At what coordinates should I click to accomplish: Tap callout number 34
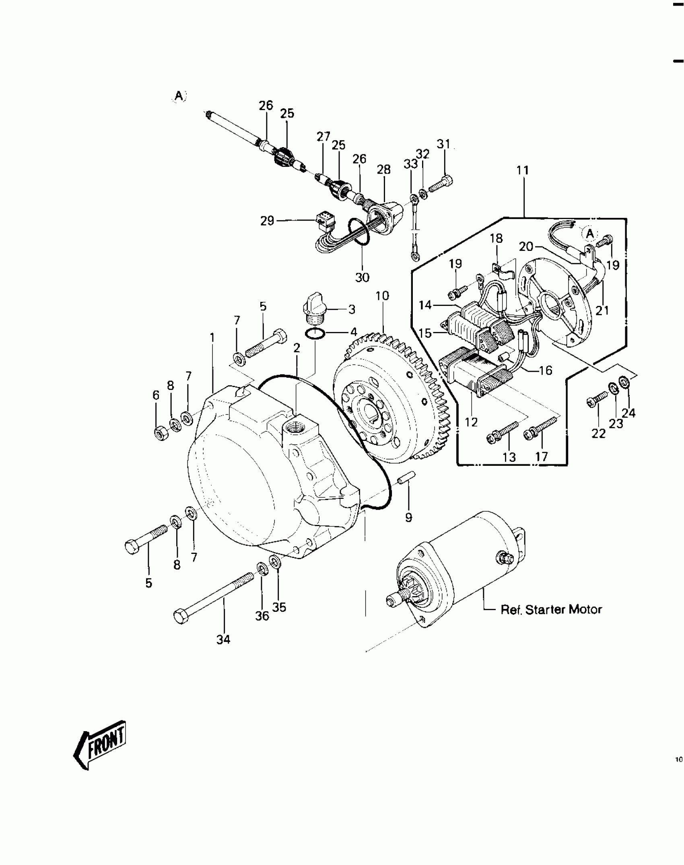[x=223, y=640]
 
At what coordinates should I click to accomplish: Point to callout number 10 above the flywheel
[x=382, y=296]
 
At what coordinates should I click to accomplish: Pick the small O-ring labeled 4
[x=314, y=333]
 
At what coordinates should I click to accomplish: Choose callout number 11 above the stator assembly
[x=522, y=170]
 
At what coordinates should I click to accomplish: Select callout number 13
[x=509, y=457]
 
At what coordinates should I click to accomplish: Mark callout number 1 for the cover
[x=212, y=338]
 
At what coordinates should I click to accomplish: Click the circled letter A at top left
[x=179, y=96]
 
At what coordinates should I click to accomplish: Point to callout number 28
[x=383, y=170]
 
